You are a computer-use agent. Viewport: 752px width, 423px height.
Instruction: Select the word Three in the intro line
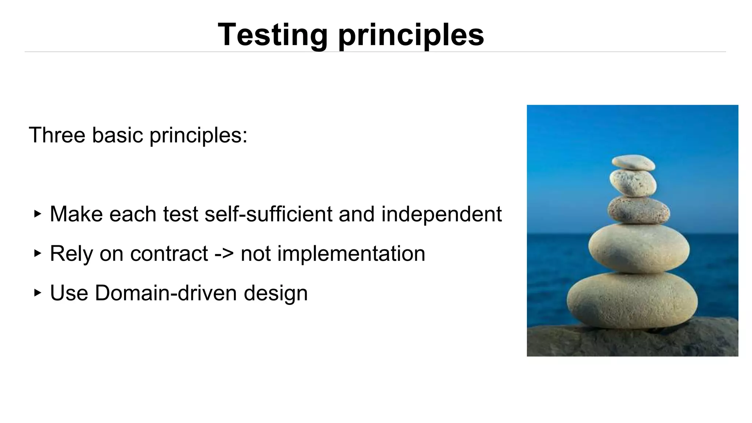pos(57,135)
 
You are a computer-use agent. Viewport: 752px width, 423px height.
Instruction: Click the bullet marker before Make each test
pos(37,214)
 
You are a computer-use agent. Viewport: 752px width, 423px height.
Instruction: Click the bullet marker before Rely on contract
pos(37,253)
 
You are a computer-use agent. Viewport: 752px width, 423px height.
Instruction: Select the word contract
pos(169,254)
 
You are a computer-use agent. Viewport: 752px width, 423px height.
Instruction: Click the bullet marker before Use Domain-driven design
pos(37,293)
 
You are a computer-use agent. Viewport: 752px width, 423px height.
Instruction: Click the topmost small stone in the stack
pos(633,163)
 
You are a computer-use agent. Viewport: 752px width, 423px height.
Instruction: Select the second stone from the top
pos(633,182)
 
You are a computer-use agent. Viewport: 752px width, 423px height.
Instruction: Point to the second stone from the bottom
pos(639,249)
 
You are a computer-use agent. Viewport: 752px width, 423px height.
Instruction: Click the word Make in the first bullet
pos(76,214)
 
